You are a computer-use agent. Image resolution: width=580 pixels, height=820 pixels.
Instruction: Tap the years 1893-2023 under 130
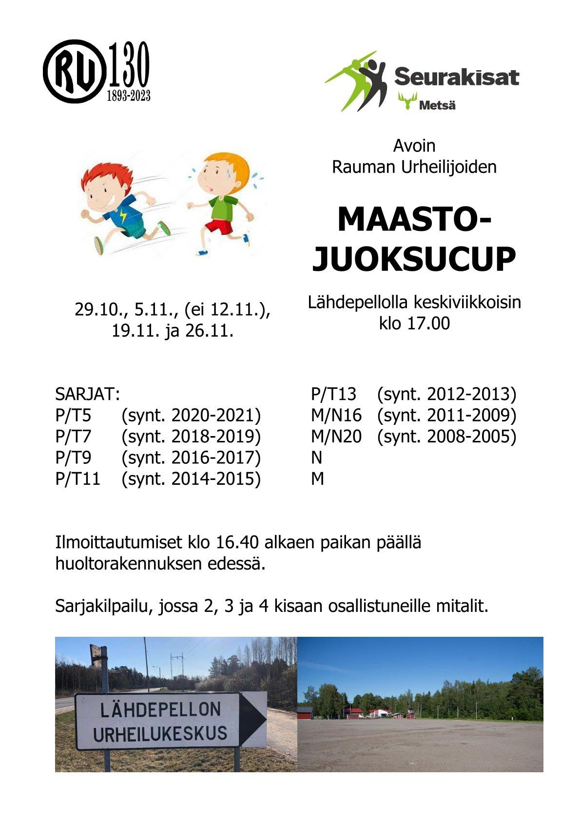coord(128,95)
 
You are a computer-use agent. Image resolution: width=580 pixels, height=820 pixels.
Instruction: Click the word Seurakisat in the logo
coord(456,77)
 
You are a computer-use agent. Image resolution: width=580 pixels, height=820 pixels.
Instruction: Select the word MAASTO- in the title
coord(414,220)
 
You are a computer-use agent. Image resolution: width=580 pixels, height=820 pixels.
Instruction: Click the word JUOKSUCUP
coord(414,259)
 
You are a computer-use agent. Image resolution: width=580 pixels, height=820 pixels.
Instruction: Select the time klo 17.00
coord(414,324)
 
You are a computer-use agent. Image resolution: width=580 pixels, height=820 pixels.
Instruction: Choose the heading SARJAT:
coord(88,394)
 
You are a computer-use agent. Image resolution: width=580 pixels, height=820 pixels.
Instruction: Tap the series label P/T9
coord(73,458)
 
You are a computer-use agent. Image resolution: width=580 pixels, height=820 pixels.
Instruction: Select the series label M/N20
coord(336,436)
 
